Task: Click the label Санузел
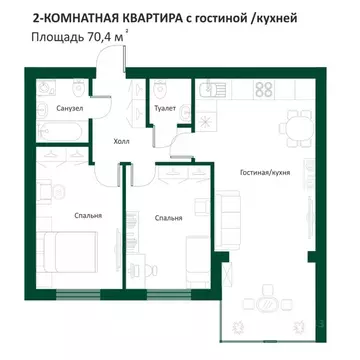[41, 108]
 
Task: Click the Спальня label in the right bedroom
[168, 216]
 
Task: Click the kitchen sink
[214, 88]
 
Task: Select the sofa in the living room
[226, 215]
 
